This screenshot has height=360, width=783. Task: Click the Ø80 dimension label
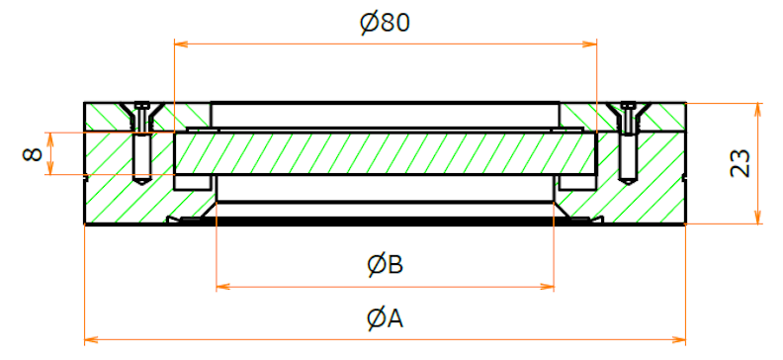[385, 23]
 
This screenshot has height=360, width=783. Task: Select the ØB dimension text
[385, 265]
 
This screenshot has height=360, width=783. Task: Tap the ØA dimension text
[385, 319]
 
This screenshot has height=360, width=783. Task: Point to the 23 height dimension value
[740, 163]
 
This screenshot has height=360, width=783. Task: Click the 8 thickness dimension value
[33, 153]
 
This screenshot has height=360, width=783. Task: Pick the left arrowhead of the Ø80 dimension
[180, 45]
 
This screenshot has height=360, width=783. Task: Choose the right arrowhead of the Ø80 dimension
[591, 45]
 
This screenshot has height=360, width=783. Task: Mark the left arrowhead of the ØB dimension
[222, 287]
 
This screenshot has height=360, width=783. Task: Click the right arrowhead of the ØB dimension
[548, 287]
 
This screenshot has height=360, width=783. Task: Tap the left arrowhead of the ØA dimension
[91, 340]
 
